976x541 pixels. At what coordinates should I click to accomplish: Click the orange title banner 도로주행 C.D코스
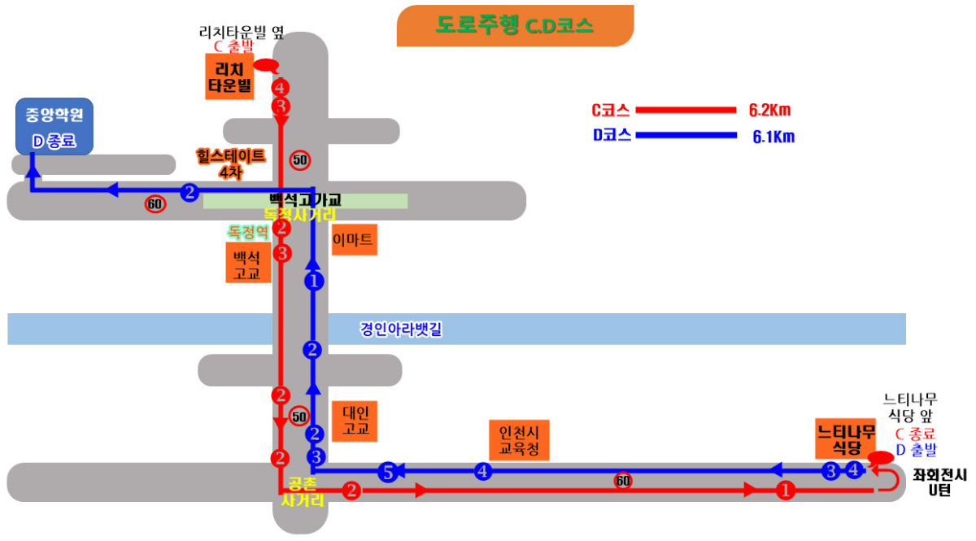coord(514,25)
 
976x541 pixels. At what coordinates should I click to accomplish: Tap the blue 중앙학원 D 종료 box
coord(54,126)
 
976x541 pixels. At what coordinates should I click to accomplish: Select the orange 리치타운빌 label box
coord(230,77)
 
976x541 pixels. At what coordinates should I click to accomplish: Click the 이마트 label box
coord(355,240)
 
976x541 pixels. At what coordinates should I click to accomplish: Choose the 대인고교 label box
coord(355,421)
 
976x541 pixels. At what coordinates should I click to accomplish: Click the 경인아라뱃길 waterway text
coord(400,329)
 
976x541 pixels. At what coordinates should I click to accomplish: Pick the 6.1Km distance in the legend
coord(773,137)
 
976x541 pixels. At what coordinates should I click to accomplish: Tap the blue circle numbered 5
coord(388,471)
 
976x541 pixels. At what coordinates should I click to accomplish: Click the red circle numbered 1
coord(785,491)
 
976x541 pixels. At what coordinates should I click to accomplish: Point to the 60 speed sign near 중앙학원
coord(155,204)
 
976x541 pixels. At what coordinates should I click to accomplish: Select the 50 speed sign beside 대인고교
coord(299,417)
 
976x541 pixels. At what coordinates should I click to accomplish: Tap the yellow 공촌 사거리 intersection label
coord(303,491)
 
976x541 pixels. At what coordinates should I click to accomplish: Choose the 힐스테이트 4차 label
coord(230,163)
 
